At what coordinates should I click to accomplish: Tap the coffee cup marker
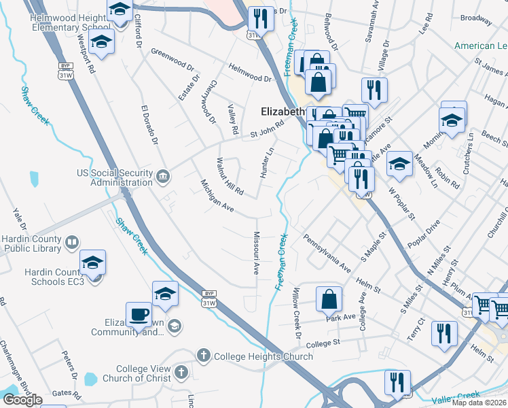[139, 315]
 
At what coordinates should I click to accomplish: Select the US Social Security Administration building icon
[163, 177]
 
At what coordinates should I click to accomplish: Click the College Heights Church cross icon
[203, 356]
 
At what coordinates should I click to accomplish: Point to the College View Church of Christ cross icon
[181, 372]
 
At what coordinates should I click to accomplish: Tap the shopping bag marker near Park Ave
[329, 299]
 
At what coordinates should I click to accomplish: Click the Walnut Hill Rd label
[229, 175]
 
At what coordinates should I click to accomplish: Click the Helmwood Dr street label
[250, 73]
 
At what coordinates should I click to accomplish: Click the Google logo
[22, 400]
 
